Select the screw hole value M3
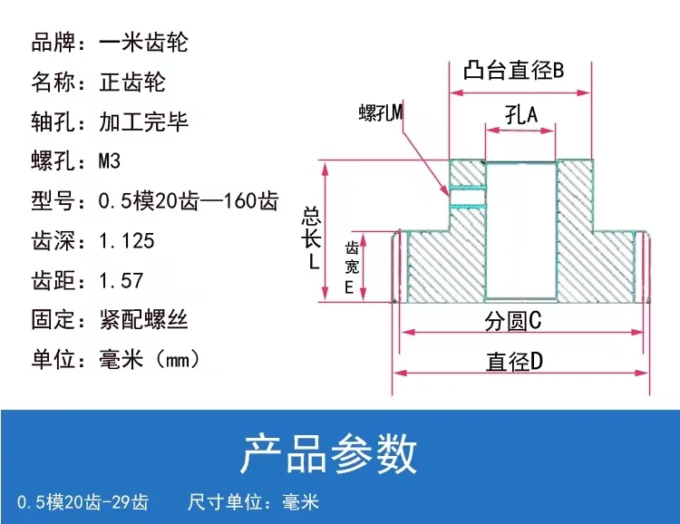pyautogui.click(x=109, y=161)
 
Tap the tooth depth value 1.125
pyautogui.click(x=126, y=240)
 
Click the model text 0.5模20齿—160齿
pyautogui.click(x=188, y=201)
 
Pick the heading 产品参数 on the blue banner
pyautogui.click(x=328, y=453)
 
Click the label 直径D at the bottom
pyautogui.click(x=514, y=362)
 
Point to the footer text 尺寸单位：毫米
pyautogui.click(x=253, y=501)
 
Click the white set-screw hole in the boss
pyautogui.click(x=468, y=193)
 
